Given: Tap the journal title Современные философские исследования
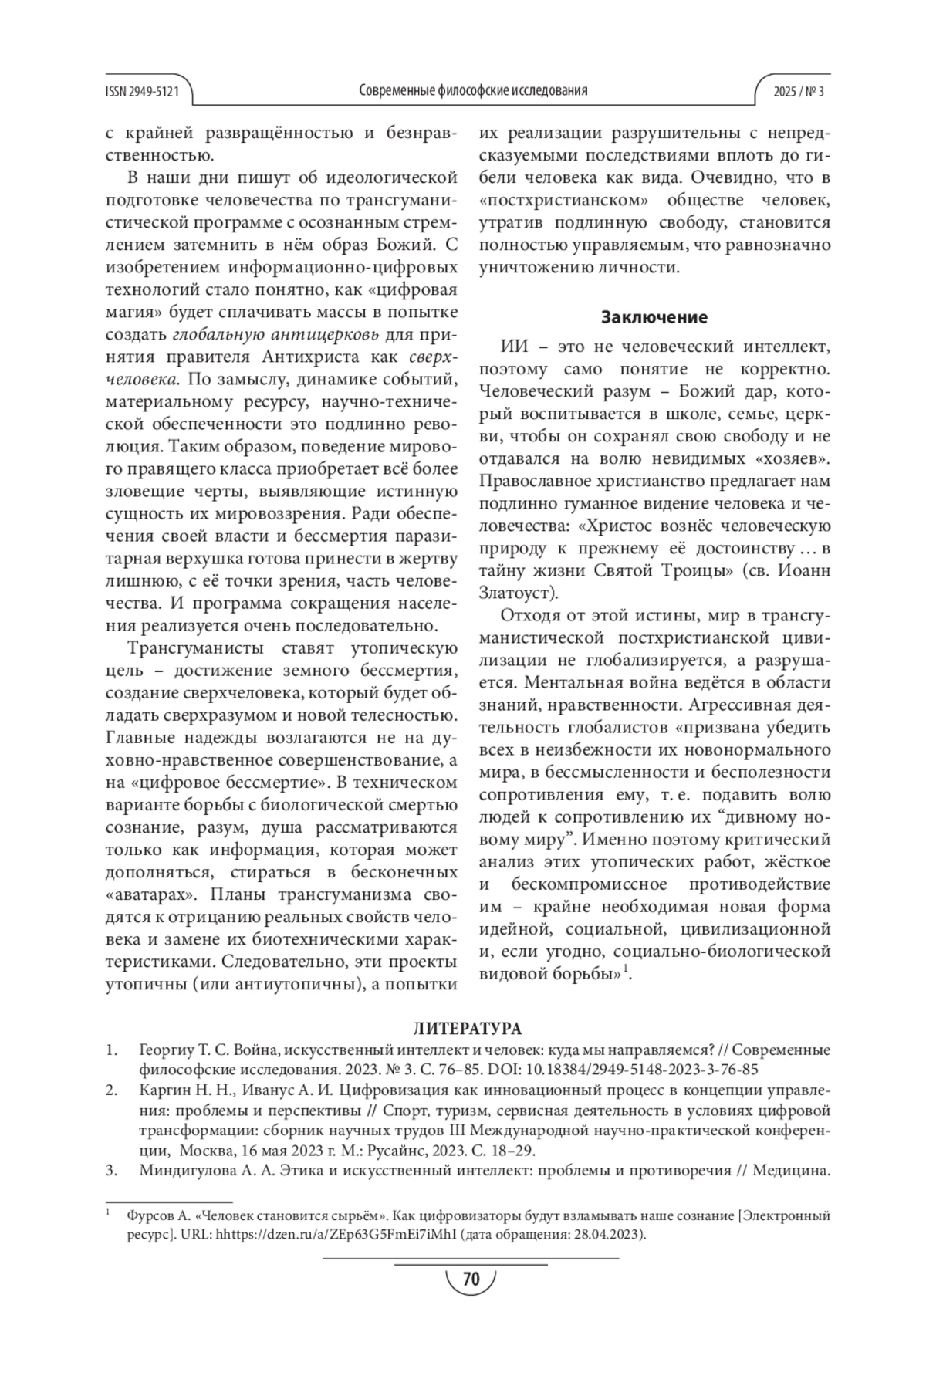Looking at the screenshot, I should coord(473,91).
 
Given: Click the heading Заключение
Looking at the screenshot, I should coord(654,317).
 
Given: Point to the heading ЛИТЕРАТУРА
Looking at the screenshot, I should coord(468,1029).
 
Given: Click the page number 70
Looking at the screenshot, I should coord(471,1279).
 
